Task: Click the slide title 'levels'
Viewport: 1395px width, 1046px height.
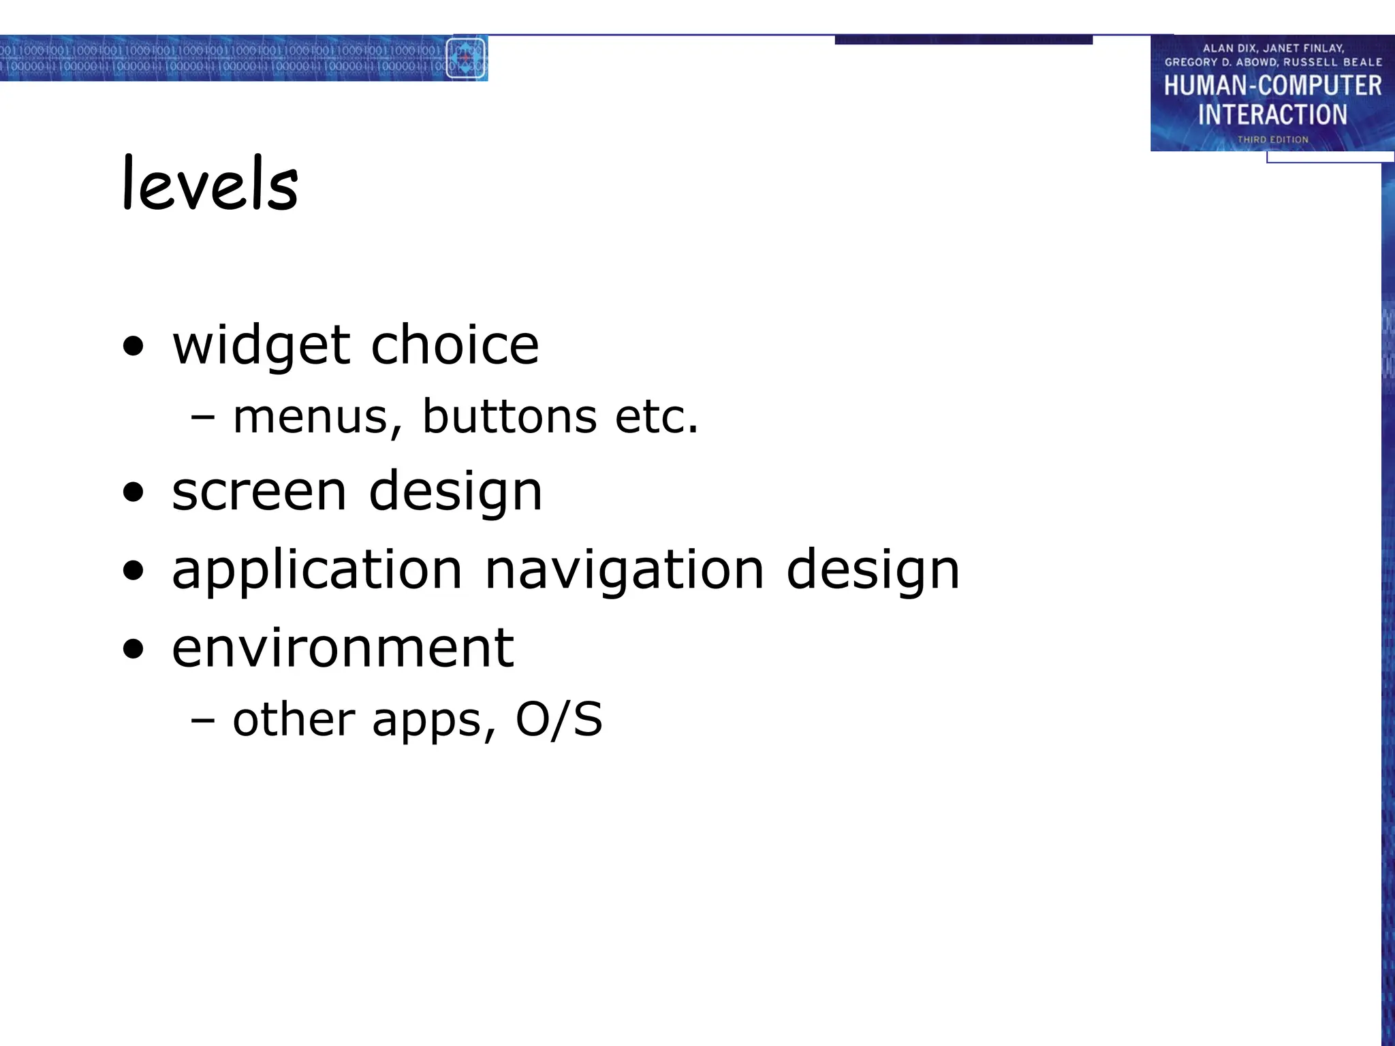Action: click(210, 183)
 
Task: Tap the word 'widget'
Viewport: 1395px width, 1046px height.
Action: click(262, 346)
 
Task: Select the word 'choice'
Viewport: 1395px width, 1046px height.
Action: click(454, 345)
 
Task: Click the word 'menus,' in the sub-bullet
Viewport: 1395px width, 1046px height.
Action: click(317, 417)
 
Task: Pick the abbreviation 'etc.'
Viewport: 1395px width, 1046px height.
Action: click(657, 417)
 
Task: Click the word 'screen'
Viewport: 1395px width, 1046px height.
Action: click(259, 492)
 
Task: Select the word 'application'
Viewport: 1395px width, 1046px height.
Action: click(317, 570)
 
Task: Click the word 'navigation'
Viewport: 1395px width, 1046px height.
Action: click(624, 570)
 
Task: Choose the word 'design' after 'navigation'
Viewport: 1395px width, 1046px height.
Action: click(873, 570)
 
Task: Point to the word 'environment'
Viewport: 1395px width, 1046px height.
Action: click(343, 648)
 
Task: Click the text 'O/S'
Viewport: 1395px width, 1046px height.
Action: click(559, 719)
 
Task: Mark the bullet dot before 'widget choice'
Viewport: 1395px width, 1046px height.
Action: click(134, 346)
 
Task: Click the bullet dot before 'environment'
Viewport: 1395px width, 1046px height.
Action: click(134, 649)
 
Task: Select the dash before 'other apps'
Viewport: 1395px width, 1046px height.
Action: click(203, 719)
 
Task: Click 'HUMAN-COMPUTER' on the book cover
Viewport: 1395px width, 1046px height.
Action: click(1272, 86)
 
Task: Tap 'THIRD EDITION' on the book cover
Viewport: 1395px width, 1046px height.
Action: click(1272, 140)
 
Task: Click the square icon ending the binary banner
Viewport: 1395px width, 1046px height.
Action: click(466, 59)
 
